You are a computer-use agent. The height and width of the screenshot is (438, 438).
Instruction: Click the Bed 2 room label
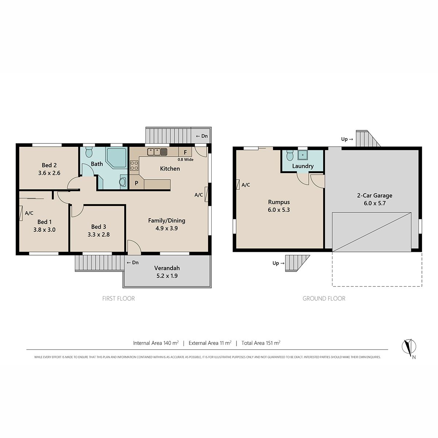tap(49, 165)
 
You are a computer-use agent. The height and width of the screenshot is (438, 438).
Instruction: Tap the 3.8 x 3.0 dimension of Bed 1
tap(44, 230)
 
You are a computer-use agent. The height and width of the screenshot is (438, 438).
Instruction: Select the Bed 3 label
tap(99, 227)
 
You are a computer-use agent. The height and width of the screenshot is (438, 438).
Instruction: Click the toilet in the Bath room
tap(89, 152)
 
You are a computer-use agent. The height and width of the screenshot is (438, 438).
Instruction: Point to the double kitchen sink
tap(157, 152)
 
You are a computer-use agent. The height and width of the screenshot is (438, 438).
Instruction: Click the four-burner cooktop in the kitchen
tap(134, 165)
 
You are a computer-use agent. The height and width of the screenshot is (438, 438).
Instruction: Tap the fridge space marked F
tap(185, 152)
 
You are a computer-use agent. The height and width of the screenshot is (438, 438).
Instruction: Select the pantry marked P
tap(137, 183)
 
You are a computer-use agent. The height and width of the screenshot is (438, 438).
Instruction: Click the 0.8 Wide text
tap(185, 160)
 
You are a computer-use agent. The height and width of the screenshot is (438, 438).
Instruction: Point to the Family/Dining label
tap(166, 221)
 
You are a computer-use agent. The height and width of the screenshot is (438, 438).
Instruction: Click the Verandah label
tap(167, 268)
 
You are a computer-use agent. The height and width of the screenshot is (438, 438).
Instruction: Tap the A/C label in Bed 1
tap(29, 213)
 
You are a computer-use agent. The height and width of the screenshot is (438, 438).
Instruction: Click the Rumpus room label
tap(279, 202)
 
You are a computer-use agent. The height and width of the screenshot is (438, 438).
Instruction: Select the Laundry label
tap(303, 166)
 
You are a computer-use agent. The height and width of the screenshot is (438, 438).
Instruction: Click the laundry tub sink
tap(303, 155)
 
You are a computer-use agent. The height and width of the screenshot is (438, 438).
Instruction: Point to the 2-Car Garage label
tap(374, 196)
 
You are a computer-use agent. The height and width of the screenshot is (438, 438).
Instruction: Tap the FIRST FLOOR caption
tap(118, 299)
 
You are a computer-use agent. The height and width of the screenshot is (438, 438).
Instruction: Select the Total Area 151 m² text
tap(261, 343)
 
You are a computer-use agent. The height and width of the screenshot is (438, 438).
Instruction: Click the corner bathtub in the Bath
tap(116, 158)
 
